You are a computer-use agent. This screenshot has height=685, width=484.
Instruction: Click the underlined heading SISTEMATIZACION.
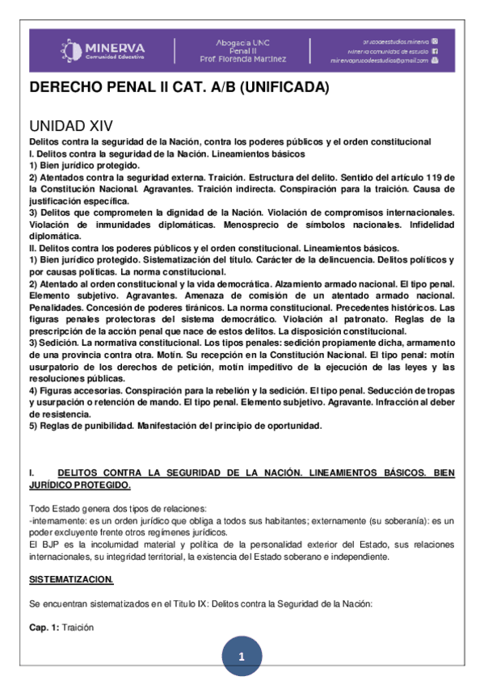tap(71, 580)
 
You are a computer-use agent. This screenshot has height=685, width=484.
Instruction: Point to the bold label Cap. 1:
tap(44, 627)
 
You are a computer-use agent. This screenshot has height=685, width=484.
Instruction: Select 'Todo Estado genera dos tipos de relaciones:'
tap(118, 508)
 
